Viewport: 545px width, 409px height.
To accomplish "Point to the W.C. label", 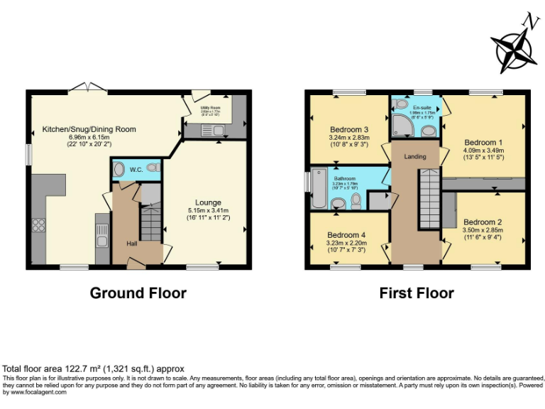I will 136,170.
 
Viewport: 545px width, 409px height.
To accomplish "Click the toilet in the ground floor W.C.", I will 119,170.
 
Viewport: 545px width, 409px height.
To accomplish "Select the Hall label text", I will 132,244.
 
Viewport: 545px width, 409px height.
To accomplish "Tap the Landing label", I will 415,156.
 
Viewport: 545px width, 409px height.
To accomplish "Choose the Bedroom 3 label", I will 348,129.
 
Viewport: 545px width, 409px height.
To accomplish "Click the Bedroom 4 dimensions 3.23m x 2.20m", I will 346,243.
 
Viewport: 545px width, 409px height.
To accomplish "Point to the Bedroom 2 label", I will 483,222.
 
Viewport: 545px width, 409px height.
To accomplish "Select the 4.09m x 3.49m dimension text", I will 483,151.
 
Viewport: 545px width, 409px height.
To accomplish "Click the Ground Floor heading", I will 138,293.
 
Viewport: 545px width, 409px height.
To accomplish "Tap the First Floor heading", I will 417,293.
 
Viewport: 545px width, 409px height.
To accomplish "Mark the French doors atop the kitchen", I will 87,89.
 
